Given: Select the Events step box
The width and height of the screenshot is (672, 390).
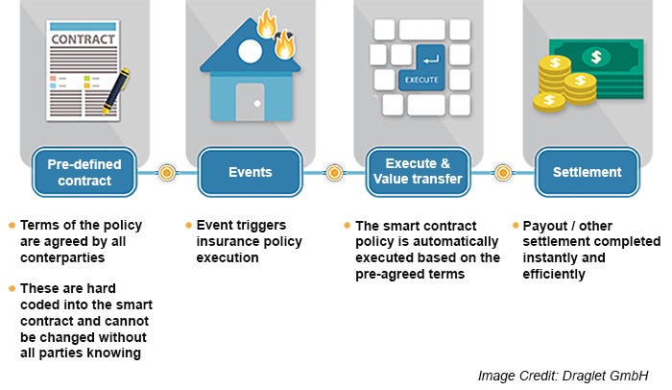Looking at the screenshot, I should tap(250, 172).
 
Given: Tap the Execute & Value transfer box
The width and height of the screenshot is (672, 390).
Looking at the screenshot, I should tap(417, 172).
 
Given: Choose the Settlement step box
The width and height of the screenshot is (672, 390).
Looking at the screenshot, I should tap(586, 172).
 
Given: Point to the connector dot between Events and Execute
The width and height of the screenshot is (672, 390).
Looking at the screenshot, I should tap(334, 173).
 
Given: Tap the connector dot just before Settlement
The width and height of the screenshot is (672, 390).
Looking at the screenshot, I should tap(502, 173).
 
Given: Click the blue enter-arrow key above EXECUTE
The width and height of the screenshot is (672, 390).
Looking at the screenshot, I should tap(425, 55).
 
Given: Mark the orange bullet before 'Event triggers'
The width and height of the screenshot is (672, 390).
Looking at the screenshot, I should tap(187, 225).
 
